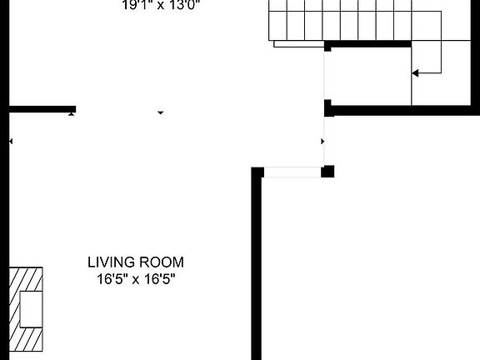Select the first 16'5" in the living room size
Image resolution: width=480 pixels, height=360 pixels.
[112, 277]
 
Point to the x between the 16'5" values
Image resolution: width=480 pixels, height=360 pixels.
[137, 277]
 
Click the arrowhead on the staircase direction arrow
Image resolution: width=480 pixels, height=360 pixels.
[415, 73]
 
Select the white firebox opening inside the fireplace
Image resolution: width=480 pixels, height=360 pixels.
[32, 309]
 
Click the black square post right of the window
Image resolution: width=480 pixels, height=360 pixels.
[328, 172]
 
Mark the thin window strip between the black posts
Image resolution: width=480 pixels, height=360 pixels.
[292, 172]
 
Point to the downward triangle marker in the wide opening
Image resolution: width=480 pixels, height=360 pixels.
[161, 112]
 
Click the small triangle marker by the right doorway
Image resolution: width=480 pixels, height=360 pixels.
[322, 142]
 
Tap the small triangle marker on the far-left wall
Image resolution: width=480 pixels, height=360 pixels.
[11, 142]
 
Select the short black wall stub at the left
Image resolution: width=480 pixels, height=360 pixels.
[42, 108]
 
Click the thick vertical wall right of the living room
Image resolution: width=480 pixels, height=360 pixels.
[257, 267]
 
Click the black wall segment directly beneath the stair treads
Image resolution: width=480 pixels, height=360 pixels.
[367, 44]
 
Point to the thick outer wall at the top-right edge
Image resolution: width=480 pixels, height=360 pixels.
[476, 50]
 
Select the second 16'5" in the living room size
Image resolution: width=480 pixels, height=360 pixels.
[160, 277]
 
